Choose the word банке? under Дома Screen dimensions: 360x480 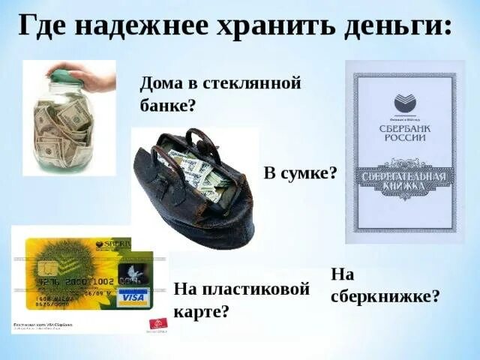point(167,104)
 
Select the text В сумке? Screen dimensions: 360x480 point(300,172)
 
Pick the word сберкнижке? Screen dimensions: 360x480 point(385,295)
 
